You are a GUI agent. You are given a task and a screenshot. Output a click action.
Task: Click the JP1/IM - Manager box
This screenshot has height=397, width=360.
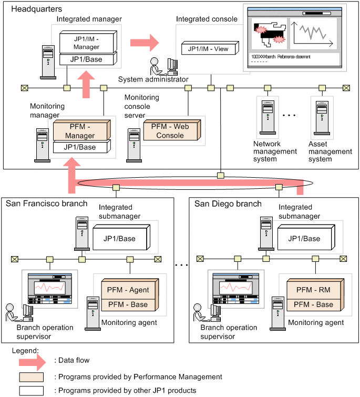[86, 42]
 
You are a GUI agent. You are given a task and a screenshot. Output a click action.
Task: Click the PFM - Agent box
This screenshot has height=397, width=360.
[128, 290]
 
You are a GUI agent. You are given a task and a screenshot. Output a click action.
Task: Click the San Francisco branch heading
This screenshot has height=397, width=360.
[47, 203]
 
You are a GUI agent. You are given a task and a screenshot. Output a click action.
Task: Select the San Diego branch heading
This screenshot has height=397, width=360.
[228, 203]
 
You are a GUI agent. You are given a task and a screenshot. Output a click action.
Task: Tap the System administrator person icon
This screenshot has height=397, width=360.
[156, 67]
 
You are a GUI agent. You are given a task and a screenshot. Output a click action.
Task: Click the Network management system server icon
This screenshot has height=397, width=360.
[268, 118]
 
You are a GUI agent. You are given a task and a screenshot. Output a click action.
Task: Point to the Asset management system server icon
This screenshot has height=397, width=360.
[321, 118]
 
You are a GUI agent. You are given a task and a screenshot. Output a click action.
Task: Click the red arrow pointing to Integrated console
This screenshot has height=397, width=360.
[145, 41]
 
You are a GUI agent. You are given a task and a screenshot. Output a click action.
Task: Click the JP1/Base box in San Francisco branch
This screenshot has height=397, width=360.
[120, 239]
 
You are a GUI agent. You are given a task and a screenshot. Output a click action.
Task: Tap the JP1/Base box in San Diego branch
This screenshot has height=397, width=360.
[305, 239]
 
